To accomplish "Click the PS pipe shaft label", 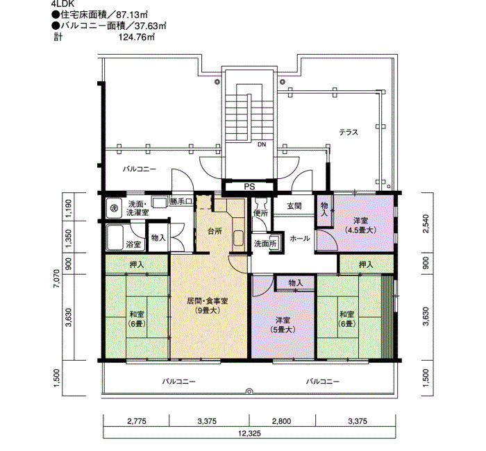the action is pos(249,187).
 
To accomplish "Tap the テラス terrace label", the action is pos(349,133).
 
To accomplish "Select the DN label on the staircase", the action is pos(262,144).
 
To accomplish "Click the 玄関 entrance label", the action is pos(294,206).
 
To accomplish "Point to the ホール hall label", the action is pos(300,239).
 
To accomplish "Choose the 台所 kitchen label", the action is pos(215,231).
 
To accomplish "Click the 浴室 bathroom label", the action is pos(133,245).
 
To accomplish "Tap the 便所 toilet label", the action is pos(260,214).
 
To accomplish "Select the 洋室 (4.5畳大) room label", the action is pos(361,226).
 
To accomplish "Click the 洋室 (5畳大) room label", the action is pos(283,325).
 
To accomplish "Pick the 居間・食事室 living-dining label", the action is pos(208,305).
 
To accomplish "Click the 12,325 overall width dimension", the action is pos(249,433).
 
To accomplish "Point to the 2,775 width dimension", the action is pos(136,421).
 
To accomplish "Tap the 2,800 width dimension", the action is pos(282,421).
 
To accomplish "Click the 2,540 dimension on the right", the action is pos(427,223).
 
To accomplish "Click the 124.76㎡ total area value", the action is pos(137,37).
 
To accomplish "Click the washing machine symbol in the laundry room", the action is pos(113,207).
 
